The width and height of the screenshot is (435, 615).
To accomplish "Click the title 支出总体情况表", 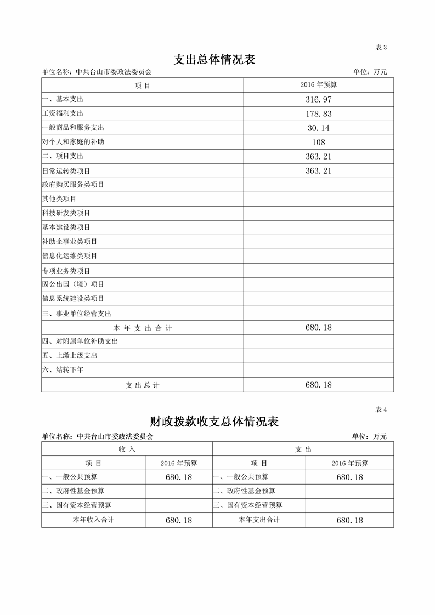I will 214,59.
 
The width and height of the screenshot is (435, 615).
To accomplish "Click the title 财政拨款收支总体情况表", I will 214,422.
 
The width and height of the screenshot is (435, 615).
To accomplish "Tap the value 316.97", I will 318,99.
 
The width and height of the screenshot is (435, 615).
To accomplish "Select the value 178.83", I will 318,113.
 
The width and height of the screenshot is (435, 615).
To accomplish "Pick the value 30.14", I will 318,128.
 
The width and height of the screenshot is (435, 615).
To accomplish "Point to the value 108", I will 318,142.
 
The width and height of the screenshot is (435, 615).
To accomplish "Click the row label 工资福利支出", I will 63,113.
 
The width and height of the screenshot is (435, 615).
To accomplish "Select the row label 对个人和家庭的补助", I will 73,142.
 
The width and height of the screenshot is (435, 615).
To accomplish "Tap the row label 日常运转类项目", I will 66,171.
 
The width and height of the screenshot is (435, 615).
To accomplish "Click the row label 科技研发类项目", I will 66,213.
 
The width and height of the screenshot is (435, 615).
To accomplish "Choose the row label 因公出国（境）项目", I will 73,284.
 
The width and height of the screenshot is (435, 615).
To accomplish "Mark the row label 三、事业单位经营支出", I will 76,314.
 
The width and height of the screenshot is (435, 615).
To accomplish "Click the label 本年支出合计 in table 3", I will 143,328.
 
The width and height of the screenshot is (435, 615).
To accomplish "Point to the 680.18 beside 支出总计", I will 318,385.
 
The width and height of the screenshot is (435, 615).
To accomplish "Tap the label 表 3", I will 381,48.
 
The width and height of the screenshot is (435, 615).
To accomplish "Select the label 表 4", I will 381,409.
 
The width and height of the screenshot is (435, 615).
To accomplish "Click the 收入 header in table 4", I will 127,449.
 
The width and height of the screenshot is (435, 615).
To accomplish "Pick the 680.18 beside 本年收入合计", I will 179,520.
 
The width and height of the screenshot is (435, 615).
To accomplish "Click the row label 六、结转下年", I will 63,370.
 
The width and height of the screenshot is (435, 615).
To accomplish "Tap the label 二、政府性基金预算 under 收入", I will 73,491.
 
